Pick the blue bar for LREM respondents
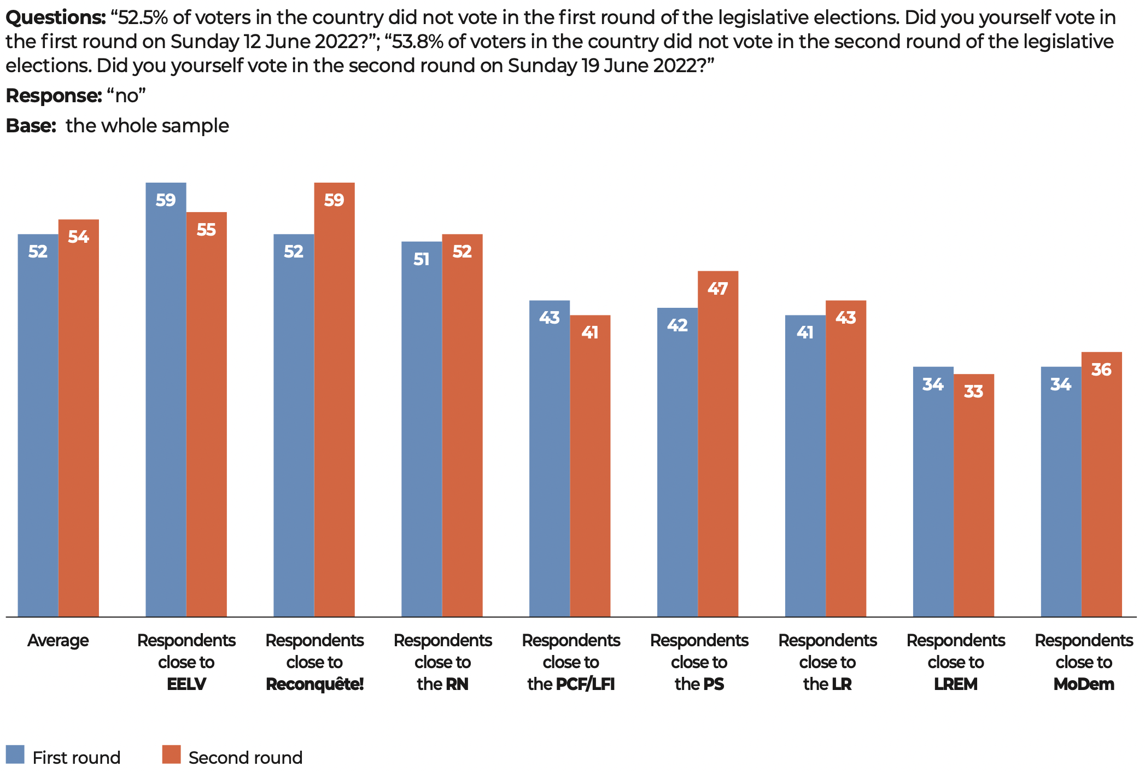933,492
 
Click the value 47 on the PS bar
717,289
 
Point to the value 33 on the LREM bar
973,391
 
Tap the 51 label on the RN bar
421,259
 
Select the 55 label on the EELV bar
206,230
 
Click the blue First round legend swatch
15,755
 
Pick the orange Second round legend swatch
171,755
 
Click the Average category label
58,640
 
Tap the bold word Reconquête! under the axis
314,684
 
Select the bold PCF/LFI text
585,684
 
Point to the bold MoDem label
1083,684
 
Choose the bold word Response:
54,96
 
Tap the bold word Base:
31,126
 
